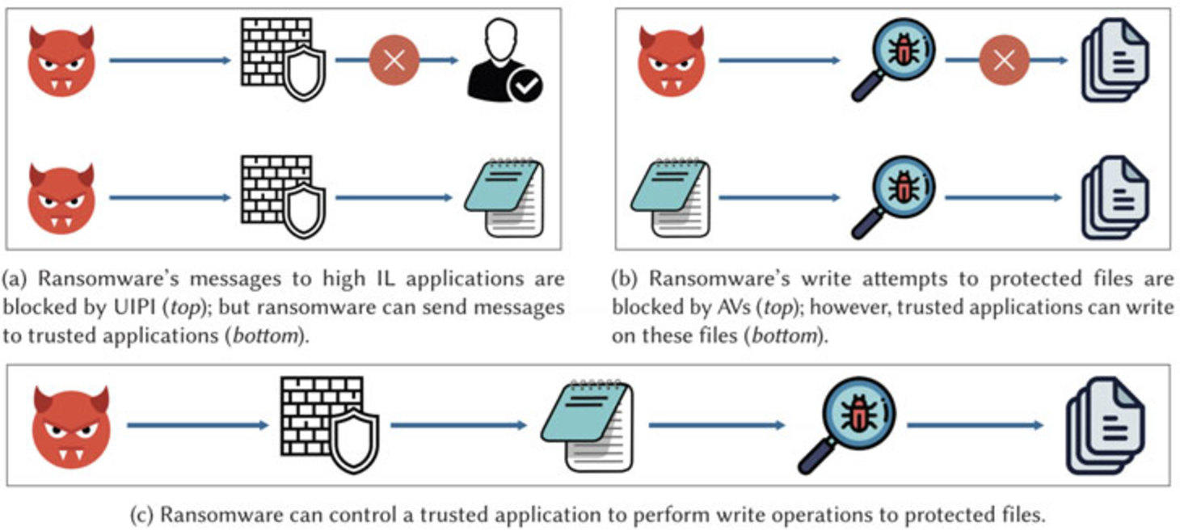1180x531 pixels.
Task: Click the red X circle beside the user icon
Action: pyautogui.click(x=394, y=61)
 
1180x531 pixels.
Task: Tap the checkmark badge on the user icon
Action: pyautogui.click(x=525, y=85)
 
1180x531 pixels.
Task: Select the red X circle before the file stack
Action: pyautogui.click(x=1004, y=60)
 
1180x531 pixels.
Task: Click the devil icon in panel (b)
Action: pyautogui.click(x=671, y=61)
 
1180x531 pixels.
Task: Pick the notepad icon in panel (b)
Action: pyautogui.click(x=671, y=197)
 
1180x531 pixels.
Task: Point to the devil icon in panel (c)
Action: pyautogui.click(x=71, y=426)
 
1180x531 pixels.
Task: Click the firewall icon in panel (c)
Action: pyautogui.click(x=329, y=424)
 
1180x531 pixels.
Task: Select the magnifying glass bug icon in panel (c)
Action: pyautogui.click(x=845, y=424)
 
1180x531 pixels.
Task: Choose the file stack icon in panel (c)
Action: pyautogui.click(x=1105, y=425)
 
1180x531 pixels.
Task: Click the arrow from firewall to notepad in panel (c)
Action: pyautogui.click(x=458, y=425)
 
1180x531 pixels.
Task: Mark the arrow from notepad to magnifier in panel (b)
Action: pyautogui.click(x=779, y=197)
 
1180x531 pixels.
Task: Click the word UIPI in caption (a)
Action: pyautogui.click(x=134, y=307)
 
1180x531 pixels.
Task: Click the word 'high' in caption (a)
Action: pyautogui.click(x=344, y=279)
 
